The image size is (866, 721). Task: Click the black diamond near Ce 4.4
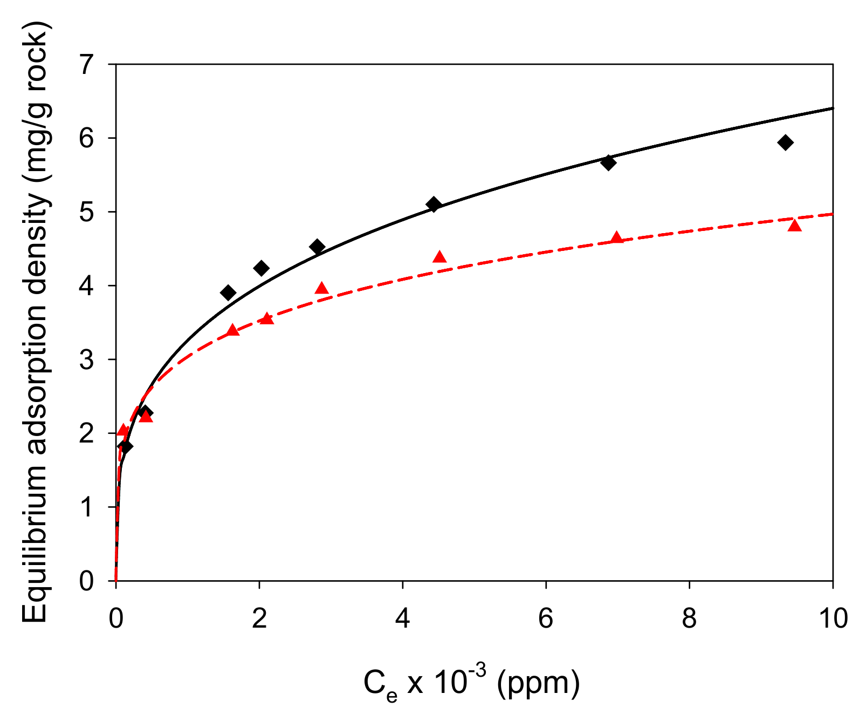(434, 204)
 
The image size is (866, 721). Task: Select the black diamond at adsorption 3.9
(228, 293)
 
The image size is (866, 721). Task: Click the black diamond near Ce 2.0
(261, 268)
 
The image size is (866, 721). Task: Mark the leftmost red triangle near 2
(123, 430)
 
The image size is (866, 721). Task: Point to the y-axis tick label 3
(87, 359)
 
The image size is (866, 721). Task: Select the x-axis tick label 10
(833, 618)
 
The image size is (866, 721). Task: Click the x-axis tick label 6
(546, 618)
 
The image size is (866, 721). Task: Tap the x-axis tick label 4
(402, 618)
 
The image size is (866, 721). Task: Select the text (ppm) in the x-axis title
(539, 683)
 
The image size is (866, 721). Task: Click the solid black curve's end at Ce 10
(832, 108)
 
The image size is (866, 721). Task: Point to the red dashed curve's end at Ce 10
(832, 214)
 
